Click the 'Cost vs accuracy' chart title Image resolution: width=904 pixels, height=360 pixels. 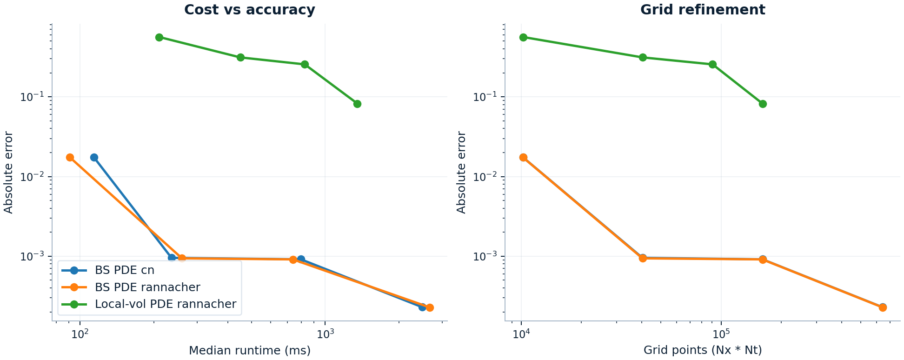tap(249, 10)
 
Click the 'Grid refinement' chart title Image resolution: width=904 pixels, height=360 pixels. tap(702, 10)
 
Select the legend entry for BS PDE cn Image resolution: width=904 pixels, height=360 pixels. tap(124, 270)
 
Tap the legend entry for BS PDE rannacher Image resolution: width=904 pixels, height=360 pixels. tap(147, 287)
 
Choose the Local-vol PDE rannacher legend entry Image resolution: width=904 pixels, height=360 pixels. tap(165, 304)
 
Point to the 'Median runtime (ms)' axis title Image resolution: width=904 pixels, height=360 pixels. tap(249, 351)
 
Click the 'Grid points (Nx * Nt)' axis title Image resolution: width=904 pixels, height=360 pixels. tap(702, 351)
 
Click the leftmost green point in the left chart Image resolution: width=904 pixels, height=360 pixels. tap(159, 37)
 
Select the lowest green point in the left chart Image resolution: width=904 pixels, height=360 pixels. tap(357, 104)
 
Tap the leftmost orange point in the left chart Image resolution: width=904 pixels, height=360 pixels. tap(70, 157)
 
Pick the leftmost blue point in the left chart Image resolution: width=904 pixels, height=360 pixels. tap(94, 157)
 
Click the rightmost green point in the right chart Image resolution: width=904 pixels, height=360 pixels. tap(763, 104)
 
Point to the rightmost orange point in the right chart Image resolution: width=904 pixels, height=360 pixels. tap(883, 307)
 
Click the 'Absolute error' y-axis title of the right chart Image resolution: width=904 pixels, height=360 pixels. tap(461, 173)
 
